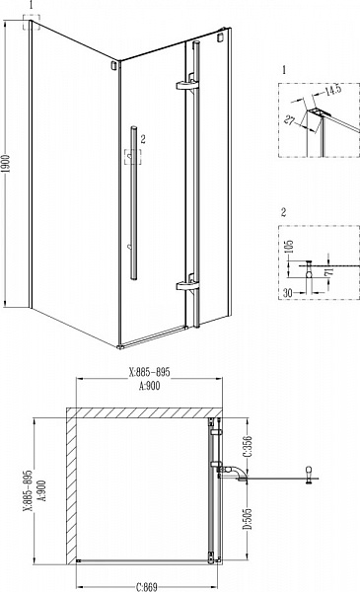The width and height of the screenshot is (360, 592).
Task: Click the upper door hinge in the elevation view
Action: coord(186,87)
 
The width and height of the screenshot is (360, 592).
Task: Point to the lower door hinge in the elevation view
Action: coord(186,286)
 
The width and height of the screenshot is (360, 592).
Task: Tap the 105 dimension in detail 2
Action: coord(290,246)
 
